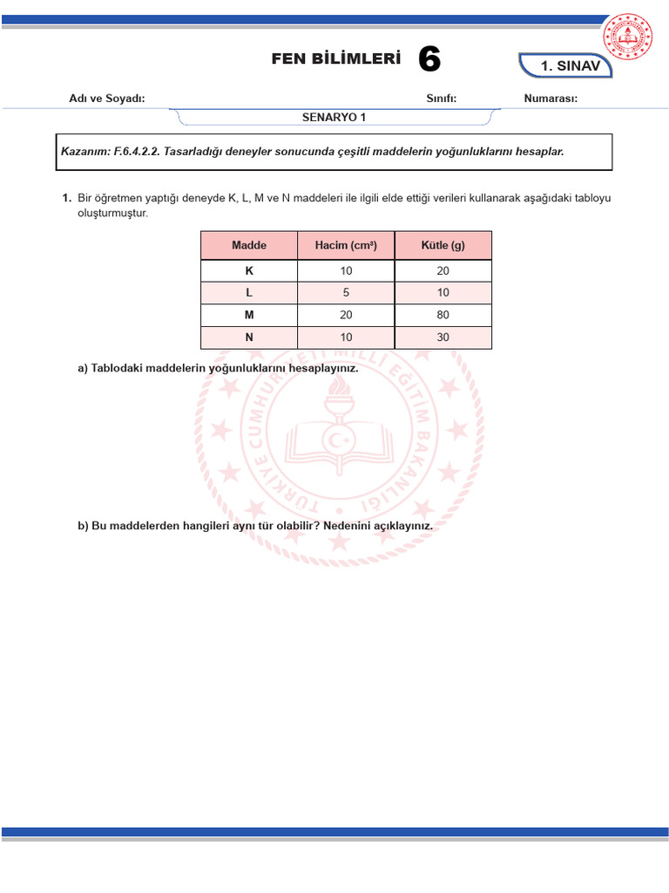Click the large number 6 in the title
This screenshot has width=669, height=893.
pyautogui.click(x=429, y=60)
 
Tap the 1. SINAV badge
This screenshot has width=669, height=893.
pyautogui.click(x=571, y=66)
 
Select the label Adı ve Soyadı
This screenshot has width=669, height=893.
pyautogui.click(x=107, y=99)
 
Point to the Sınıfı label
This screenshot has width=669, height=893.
pyautogui.click(x=441, y=99)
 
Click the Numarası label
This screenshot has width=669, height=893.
pyautogui.click(x=551, y=99)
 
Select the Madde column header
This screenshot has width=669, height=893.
pyautogui.click(x=249, y=246)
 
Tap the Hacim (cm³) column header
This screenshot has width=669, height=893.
pyautogui.click(x=346, y=246)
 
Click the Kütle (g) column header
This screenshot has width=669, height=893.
pyautogui.click(x=443, y=246)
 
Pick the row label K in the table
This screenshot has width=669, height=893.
pyautogui.click(x=249, y=271)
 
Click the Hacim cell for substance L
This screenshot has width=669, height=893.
pyautogui.click(x=346, y=293)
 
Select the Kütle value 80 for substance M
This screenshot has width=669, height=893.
pyautogui.click(x=443, y=315)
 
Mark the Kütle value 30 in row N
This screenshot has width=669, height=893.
pyautogui.click(x=443, y=337)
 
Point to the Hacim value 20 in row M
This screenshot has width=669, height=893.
pyautogui.click(x=346, y=315)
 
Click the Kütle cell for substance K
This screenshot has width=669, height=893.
pyautogui.click(x=443, y=271)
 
